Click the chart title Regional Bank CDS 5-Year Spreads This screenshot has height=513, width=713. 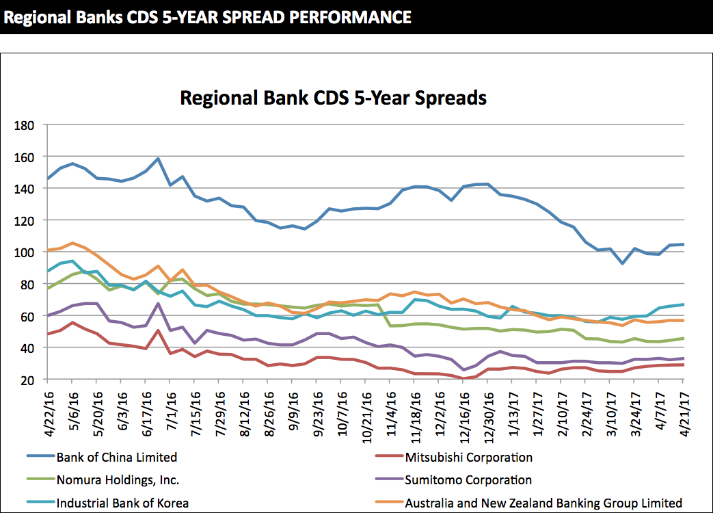click(333, 98)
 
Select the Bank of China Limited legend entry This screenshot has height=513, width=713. click(117, 457)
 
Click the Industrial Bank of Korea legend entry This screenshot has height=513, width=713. click(122, 503)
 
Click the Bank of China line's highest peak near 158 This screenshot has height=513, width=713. click(158, 159)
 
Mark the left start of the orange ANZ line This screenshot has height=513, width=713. click(47, 250)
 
